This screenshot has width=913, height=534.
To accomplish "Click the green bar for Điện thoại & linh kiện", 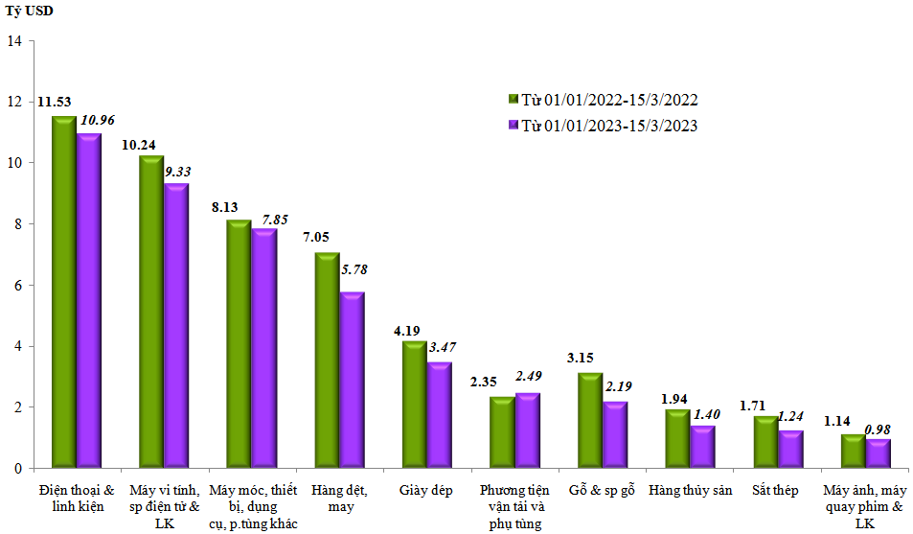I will tap(63, 292).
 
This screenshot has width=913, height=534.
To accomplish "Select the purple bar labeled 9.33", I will tap(175, 326).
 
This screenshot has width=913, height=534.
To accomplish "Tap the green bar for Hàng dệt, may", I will tap(327, 360).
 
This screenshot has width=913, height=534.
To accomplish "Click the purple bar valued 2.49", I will tap(527, 430).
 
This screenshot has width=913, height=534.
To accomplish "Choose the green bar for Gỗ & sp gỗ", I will tap(590, 420).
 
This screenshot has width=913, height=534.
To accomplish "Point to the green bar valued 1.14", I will tap(853, 452).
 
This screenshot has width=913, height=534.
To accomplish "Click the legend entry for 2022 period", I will tap(602, 100).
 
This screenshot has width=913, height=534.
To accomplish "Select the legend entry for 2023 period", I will tap(602, 126).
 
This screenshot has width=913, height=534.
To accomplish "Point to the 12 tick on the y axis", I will tap(13, 102).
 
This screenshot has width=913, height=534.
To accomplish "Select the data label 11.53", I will tap(55, 101).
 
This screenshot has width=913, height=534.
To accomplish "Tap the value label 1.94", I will tap(677, 399).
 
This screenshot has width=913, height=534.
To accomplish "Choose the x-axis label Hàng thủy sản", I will tap(690, 491).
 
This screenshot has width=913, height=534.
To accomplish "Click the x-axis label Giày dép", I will tap(426, 491).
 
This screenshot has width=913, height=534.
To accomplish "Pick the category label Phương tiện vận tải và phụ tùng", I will tap(514, 506).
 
